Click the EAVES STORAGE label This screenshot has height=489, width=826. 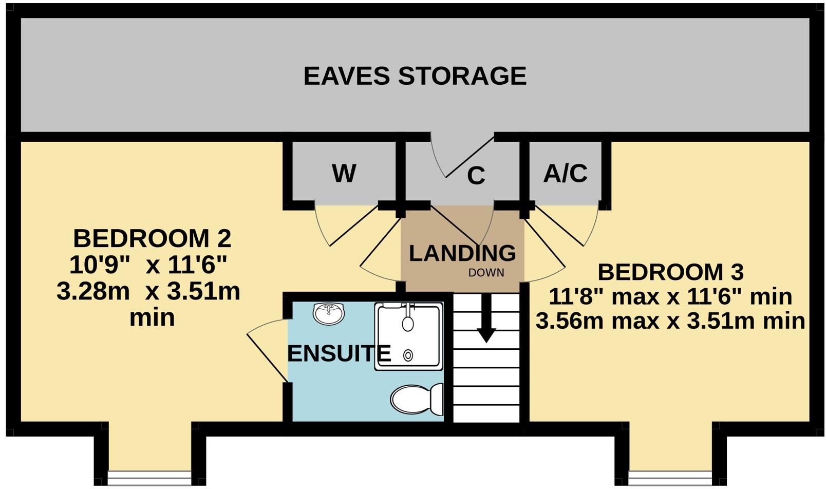[415, 76]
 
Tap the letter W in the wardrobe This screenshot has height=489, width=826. [344, 174]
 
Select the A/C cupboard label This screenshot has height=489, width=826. [565, 174]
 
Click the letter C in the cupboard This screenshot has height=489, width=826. [476, 176]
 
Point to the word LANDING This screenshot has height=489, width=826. [462, 253]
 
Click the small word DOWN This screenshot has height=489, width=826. [486, 273]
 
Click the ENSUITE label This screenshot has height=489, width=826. [339, 353]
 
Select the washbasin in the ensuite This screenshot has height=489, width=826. [329, 313]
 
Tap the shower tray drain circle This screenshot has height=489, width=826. [408, 355]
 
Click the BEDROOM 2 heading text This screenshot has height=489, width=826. [152, 239]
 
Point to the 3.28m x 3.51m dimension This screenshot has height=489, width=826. [148, 292]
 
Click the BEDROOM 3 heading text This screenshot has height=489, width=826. [670, 272]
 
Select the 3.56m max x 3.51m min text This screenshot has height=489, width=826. [670, 322]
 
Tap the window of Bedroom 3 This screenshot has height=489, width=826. [670, 478]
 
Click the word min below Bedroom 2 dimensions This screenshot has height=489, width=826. [152, 318]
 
